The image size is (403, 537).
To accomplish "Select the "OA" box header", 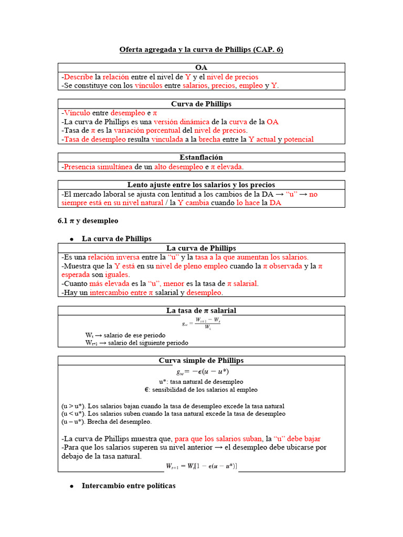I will click(x=201, y=68).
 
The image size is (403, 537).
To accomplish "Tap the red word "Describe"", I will click(x=78, y=77).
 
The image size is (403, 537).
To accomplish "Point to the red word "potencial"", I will click(x=299, y=139).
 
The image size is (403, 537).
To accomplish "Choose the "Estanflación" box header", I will click(x=201, y=157).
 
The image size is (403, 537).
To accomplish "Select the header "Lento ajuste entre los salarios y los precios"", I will click(x=201, y=185).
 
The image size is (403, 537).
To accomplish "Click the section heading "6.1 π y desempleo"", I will click(x=88, y=221).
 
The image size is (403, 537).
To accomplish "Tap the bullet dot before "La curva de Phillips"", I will click(x=71, y=239).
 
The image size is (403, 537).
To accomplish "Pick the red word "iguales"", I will click(x=119, y=274).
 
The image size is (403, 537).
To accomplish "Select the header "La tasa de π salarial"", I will click(x=201, y=310).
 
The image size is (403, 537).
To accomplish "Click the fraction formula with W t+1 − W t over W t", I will click(x=202, y=323).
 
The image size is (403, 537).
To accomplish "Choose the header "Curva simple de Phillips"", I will click(x=201, y=360).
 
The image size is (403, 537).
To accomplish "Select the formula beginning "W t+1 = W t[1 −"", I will click(x=201, y=466).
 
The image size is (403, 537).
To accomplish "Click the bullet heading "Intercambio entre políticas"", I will click(x=129, y=486).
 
